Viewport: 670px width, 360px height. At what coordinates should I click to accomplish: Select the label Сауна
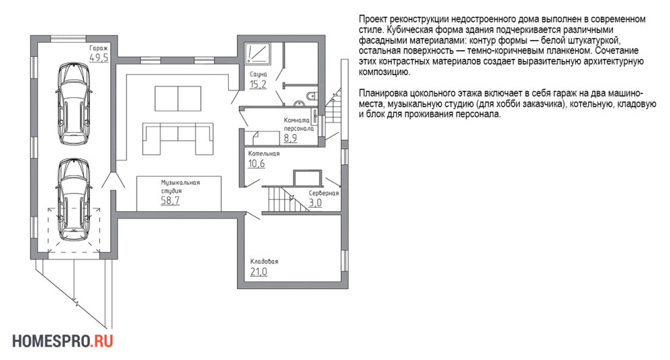(259, 74)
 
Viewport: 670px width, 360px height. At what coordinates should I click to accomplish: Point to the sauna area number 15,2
(258, 85)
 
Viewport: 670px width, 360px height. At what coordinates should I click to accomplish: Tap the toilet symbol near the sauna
(311, 97)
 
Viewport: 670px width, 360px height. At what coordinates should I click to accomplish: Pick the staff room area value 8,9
(290, 137)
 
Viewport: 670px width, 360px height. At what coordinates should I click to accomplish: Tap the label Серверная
(323, 193)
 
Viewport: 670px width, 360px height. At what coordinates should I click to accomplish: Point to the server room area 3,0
(315, 203)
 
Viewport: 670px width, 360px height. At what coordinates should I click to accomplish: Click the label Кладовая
(264, 261)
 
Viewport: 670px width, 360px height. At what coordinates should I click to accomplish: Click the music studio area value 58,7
(170, 201)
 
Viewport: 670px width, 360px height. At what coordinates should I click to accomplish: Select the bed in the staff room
(264, 138)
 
